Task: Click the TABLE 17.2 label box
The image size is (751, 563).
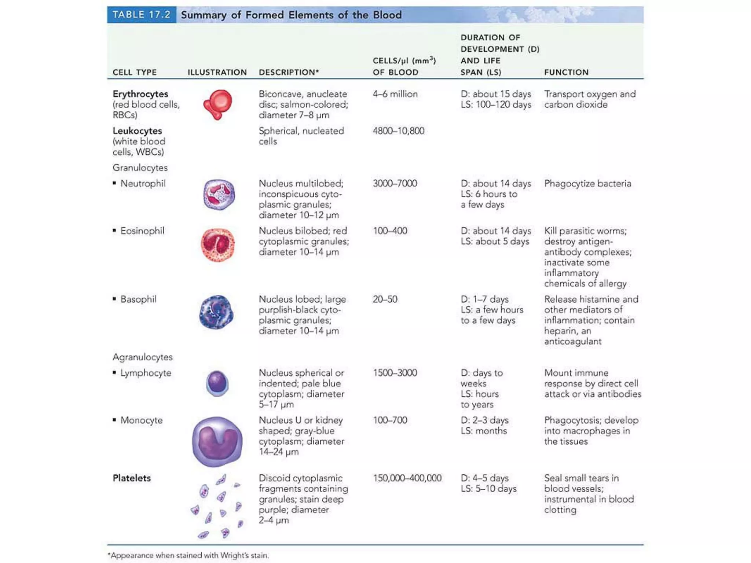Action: (142, 15)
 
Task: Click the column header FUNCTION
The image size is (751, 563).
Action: (566, 72)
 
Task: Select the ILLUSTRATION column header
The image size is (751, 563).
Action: (217, 72)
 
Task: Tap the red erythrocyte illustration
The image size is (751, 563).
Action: (218, 104)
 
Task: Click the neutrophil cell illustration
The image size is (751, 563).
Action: (219, 195)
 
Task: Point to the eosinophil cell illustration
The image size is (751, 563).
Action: (218, 245)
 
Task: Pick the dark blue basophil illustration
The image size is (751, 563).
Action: (216, 312)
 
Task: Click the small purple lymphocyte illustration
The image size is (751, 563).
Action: (217, 383)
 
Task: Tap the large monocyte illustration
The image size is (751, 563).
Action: (217, 441)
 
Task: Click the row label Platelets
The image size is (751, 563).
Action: (132, 478)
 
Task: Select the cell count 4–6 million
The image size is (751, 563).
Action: (395, 94)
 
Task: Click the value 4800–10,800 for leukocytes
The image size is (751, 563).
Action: (398, 131)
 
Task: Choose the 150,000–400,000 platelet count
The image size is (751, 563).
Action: (407, 478)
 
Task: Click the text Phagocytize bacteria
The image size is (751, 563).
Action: (587, 184)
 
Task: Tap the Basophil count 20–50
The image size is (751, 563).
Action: (385, 299)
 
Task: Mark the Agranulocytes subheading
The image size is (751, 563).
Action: (142, 357)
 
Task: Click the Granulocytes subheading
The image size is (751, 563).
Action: (140, 168)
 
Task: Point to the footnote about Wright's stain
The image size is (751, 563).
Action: (188, 555)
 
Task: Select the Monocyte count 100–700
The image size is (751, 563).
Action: (390, 420)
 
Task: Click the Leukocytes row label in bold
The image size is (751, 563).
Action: (137, 131)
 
